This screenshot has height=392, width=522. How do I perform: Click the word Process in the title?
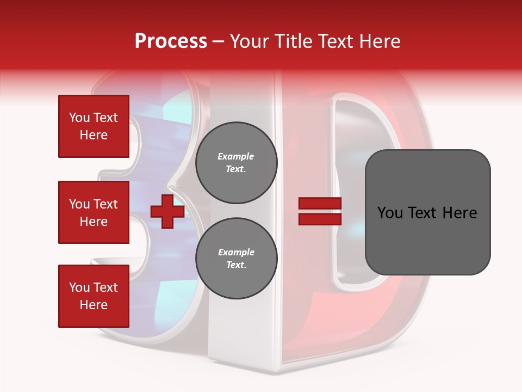tap(171, 41)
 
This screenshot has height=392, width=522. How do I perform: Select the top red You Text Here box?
tap(94, 126)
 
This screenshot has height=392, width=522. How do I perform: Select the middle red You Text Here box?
tap(94, 212)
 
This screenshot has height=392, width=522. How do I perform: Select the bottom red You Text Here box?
tap(94, 296)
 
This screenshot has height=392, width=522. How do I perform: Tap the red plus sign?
tap(167, 211)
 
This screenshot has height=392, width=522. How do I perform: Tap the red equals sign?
tap(320, 211)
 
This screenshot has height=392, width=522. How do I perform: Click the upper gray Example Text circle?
tap(236, 163)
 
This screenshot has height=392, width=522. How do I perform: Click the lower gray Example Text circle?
tap(236, 259)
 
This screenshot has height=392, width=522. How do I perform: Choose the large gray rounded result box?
tap(427, 212)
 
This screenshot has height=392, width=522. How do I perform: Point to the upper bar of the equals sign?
tap(320, 204)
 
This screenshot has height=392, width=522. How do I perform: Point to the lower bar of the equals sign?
tap(320, 219)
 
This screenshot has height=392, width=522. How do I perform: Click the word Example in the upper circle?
tap(236, 157)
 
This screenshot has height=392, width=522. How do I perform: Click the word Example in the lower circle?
tap(236, 253)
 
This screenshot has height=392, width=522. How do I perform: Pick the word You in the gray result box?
tap(389, 213)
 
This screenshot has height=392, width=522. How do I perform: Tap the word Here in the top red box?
tap(94, 135)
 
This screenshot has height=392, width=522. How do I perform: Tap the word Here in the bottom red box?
tap(94, 305)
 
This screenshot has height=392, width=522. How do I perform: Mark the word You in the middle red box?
tap(79, 204)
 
